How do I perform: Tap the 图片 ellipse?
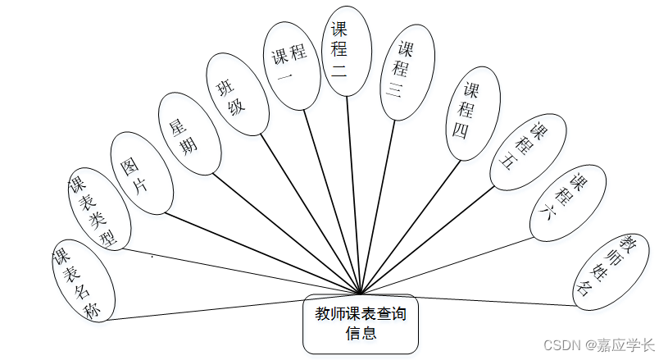(x=141, y=171)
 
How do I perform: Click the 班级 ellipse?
(x=237, y=94)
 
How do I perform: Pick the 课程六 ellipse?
(x=568, y=202)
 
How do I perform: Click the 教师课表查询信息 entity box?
(x=361, y=323)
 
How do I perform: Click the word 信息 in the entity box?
(x=361, y=333)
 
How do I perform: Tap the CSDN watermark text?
(x=561, y=345)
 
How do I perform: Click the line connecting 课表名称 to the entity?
(x=238, y=305)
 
